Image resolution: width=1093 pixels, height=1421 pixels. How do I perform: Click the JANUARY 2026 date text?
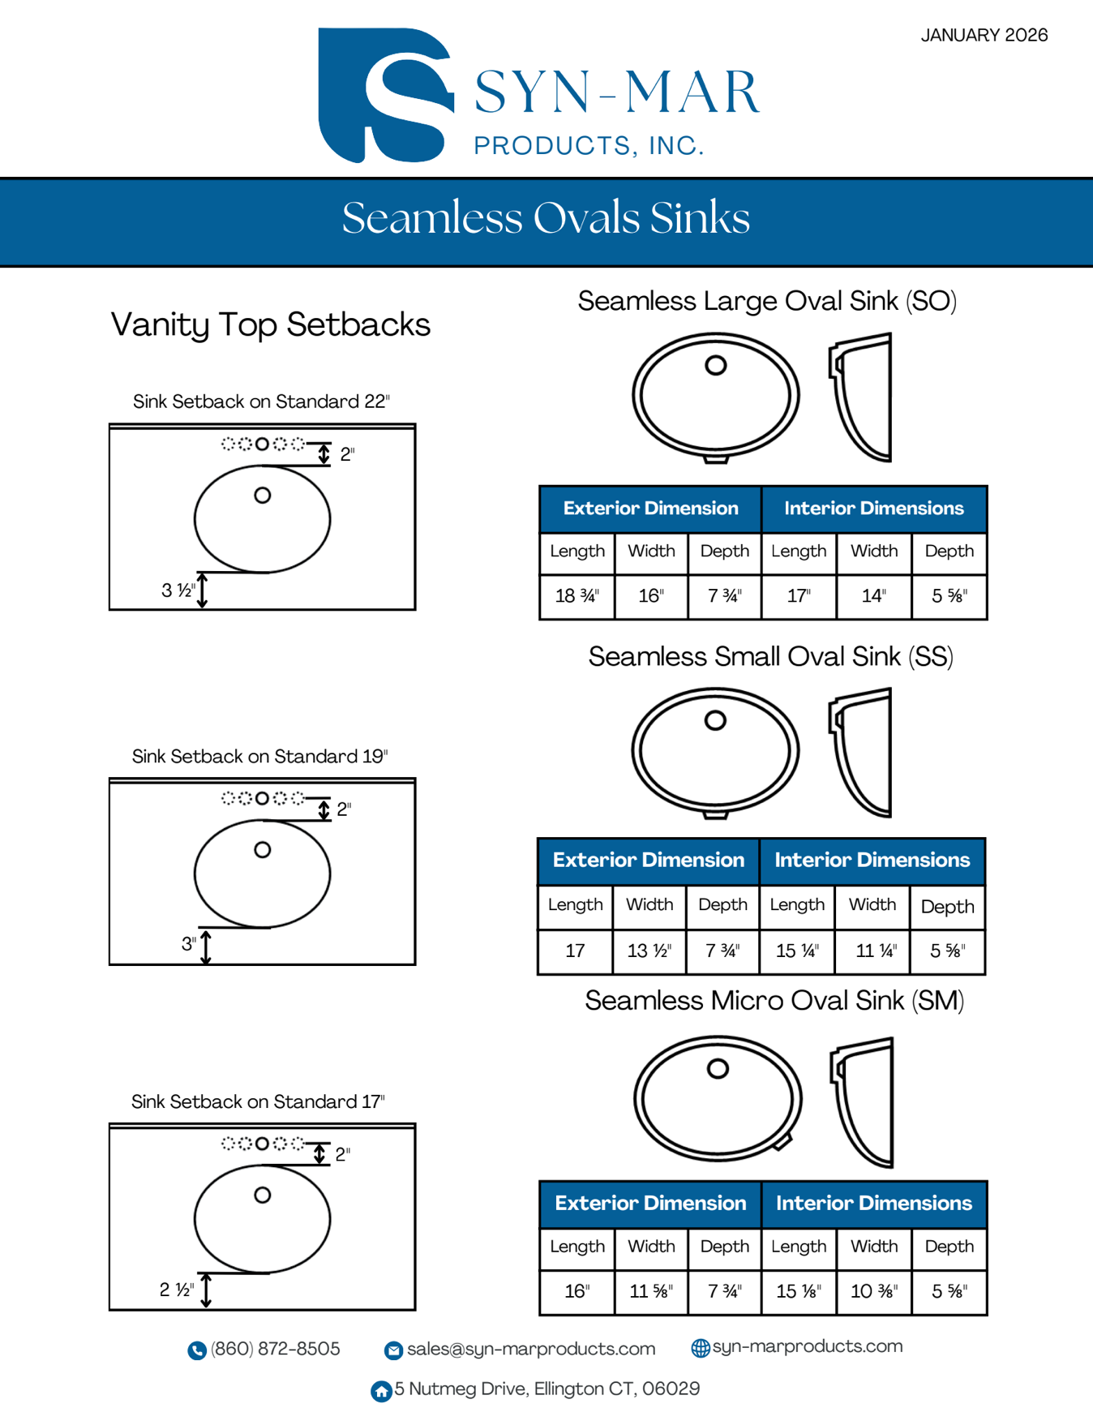[x=984, y=36]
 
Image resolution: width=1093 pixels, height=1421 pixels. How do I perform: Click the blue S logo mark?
[x=383, y=95]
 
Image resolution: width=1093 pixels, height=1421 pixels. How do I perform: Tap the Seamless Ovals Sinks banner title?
[x=546, y=218]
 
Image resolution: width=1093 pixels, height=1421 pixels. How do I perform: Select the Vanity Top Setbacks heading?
[x=270, y=324]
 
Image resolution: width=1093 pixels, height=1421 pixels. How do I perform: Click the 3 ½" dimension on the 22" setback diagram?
[x=178, y=590]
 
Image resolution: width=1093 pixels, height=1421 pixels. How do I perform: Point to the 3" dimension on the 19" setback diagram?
[x=189, y=944]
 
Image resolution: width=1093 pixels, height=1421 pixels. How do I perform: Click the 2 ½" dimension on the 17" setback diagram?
[x=177, y=1290]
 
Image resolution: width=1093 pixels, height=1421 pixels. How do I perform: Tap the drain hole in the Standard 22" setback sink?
[x=262, y=496]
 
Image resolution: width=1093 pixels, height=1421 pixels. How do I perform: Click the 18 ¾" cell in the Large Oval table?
[x=577, y=596]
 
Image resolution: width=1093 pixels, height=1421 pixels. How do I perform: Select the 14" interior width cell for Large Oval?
[x=873, y=596]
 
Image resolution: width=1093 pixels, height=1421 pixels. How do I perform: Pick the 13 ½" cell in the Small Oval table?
[x=649, y=951]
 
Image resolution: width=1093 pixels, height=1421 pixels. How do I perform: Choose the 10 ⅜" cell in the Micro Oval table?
[x=873, y=1291]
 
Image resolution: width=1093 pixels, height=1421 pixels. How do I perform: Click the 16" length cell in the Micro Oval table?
[x=577, y=1291]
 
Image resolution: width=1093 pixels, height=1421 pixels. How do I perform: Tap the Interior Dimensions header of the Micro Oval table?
[x=873, y=1204]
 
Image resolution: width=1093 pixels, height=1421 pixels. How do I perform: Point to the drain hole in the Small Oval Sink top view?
[x=715, y=720]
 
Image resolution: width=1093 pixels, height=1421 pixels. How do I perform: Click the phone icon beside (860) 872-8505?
[x=197, y=1350]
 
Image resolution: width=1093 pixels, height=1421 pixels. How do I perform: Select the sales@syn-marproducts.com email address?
[x=530, y=1349]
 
